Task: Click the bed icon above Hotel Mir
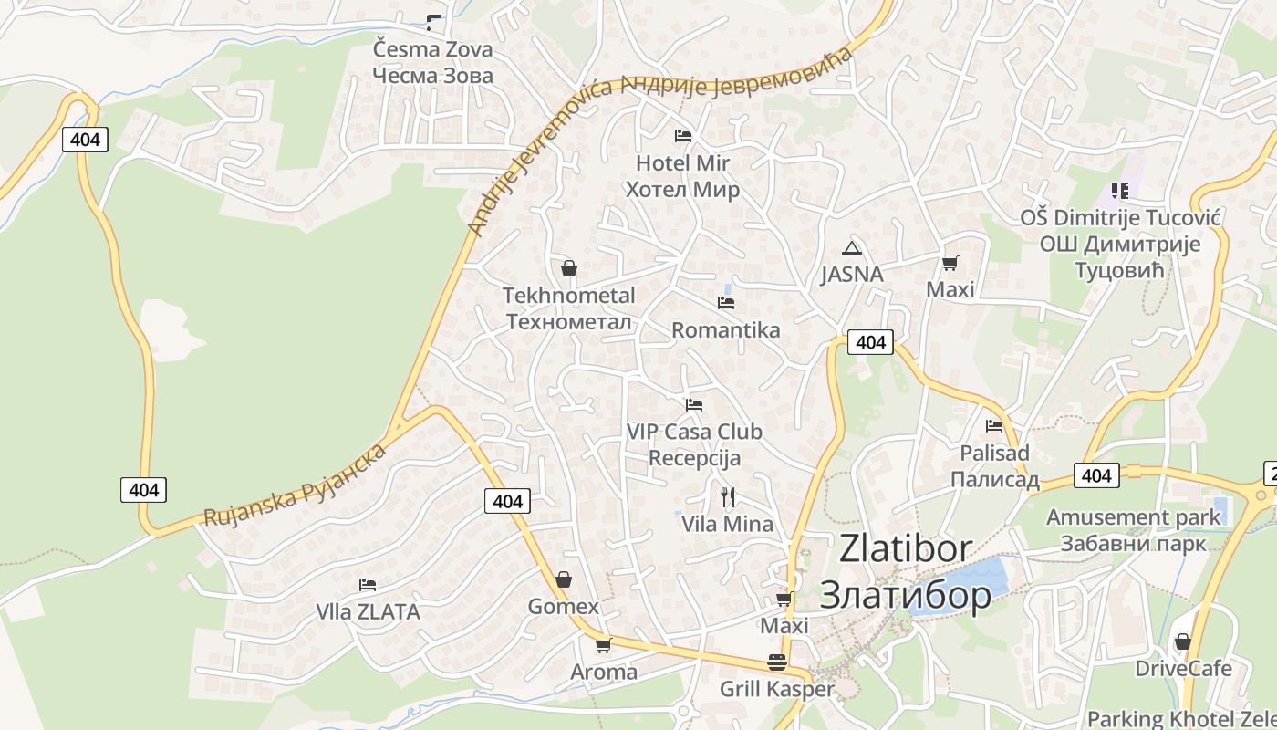(x=683, y=136)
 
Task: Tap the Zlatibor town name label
(x=905, y=571)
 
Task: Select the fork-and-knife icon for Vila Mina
(x=728, y=497)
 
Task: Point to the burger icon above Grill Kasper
(x=777, y=662)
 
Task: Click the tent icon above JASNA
(x=852, y=248)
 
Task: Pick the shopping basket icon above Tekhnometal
(x=569, y=268)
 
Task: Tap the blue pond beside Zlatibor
(x=975, y=578)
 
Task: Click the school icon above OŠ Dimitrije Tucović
(x=1120, y=191)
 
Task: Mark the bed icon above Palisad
(x=994, y=426)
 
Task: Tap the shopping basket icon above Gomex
(x=564, y=580)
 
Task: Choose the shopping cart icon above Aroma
(x=603, y=646)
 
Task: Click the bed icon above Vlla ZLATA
(x=368, y=585)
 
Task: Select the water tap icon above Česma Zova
(x=433, y=23)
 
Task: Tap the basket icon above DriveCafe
(x=1183, y=642)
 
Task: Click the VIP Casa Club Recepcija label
(x=694, y=444)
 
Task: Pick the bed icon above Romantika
(x=726, y=303)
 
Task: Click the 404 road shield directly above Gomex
(x=507, y=501)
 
